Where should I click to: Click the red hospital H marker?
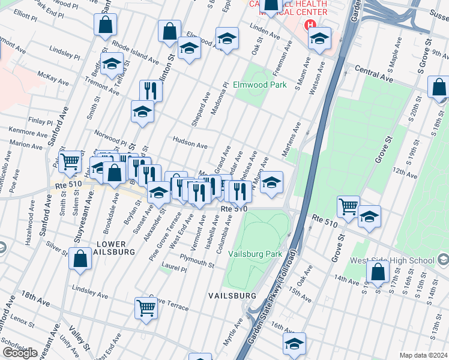pos(310,25)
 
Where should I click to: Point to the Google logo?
pos(20,353)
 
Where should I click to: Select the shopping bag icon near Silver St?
pos(80,259)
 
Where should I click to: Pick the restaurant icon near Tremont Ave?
pos(150,91)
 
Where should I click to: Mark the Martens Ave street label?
pos(292,139)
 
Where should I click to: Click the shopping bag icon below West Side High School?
pos(378,272)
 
